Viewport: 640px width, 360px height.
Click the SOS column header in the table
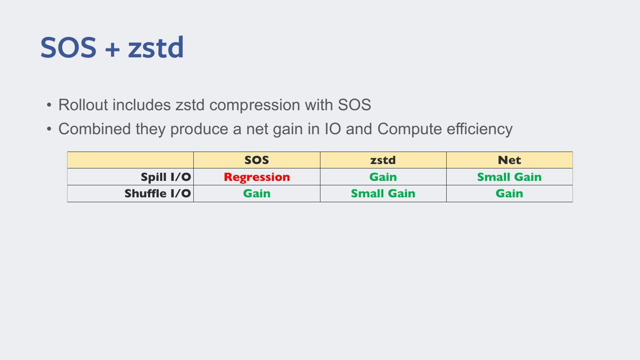[257, 160]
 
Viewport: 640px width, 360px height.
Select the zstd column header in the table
[383, 160]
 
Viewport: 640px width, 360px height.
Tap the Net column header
[509, 160]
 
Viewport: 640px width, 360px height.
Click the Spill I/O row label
[165, 177]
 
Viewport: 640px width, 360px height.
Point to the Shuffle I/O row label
[157, 193]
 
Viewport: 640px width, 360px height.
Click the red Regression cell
[257, 177]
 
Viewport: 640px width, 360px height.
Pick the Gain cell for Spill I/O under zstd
[383, 177]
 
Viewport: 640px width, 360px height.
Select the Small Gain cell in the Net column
[509, 177]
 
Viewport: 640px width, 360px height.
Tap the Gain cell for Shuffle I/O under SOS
[257, 193]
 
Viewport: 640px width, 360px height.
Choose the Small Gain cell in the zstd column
[383, 193]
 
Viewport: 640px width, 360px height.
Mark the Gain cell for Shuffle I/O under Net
[509, 193]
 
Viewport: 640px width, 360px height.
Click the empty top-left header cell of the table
[130, 160]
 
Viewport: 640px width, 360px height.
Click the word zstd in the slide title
[156, 48]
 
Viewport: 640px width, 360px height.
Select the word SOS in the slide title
[68, 48]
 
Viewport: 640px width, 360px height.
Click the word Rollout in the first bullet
[83, 105]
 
